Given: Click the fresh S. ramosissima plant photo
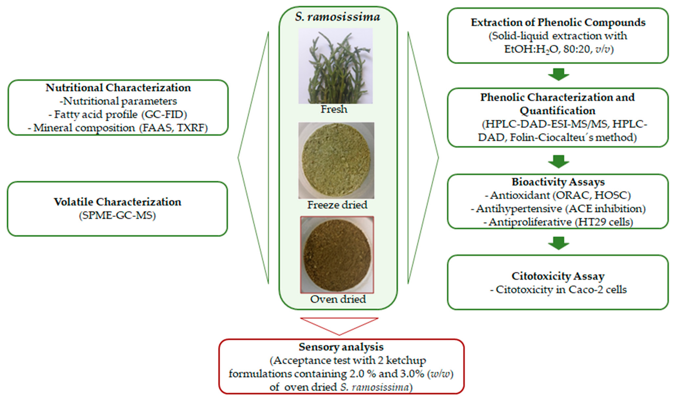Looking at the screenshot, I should tap(336, 66).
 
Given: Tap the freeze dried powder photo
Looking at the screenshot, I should tap(336, 160).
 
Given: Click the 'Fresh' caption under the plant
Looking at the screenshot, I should tap(334, 109).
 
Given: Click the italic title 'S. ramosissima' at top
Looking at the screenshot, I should tap(337, 17).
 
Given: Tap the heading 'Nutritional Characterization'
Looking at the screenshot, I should tap(118, 88).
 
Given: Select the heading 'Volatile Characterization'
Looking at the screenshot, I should tap(117, 202).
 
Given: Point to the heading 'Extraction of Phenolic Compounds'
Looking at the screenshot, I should tap(558, 22).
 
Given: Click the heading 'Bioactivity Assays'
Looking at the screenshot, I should tap(558, 182).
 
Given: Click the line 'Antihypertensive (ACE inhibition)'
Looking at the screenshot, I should tap(558, 209).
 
